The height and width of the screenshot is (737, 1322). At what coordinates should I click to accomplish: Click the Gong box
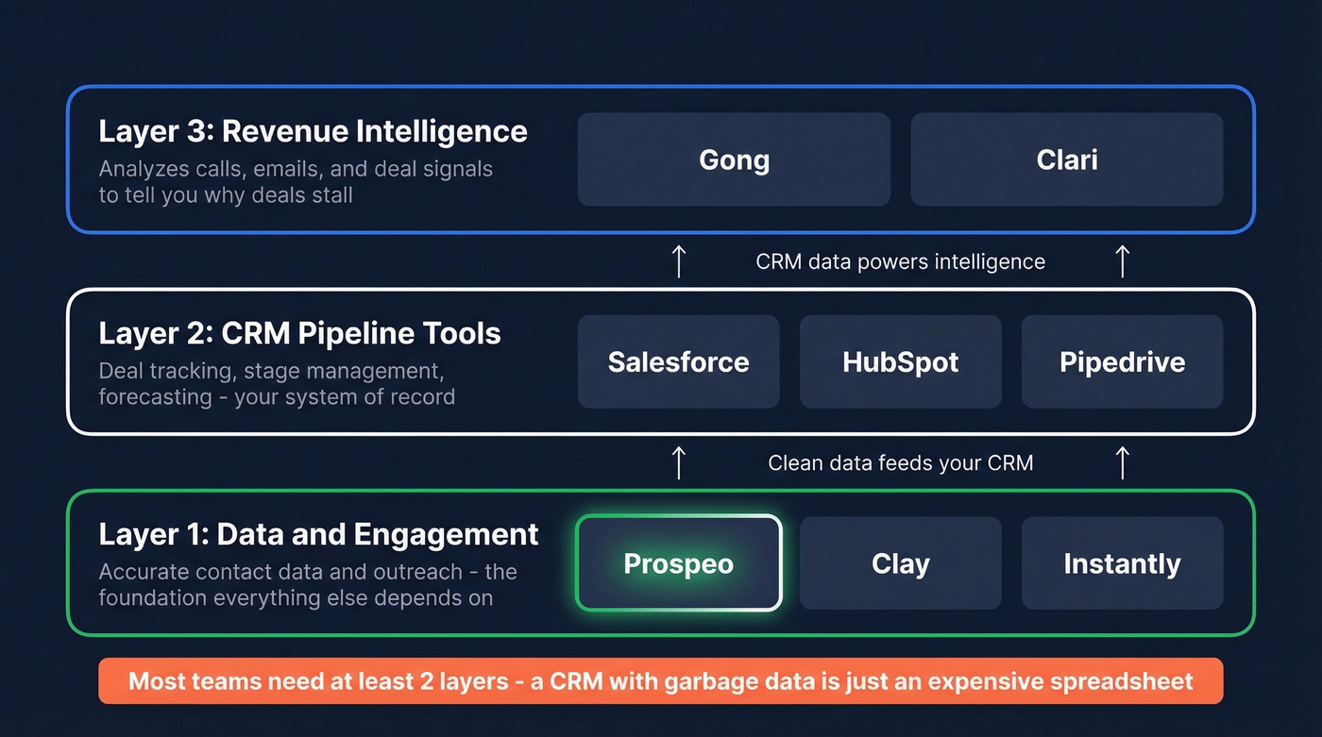point(734,159)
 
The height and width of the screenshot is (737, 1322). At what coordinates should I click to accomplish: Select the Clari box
point(1066,159)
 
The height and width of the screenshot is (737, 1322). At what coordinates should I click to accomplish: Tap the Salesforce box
point(678,361)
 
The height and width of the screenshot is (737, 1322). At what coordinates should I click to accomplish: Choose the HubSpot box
point(900,361)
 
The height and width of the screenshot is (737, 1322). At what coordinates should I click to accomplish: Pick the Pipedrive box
point(1122,361)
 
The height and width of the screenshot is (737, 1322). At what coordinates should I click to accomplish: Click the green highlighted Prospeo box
point(678,563)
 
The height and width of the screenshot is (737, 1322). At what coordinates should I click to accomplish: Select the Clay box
point(900,563)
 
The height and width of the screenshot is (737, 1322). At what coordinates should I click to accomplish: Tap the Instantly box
point(1122,563)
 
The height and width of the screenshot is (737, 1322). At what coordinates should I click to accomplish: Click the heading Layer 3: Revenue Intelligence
point(313,131)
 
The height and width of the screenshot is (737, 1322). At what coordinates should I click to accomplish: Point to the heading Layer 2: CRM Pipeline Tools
point(299,333)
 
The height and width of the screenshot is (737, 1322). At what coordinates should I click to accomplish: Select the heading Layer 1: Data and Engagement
point(318,534)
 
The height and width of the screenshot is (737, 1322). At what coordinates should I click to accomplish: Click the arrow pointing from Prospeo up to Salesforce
point(678,462)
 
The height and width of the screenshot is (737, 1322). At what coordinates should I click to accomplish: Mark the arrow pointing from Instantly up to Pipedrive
point(1122,462)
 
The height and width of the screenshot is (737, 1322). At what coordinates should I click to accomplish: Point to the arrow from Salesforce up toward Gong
point(678,261)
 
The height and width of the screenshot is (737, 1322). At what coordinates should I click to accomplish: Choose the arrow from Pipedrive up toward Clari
point(1122,261)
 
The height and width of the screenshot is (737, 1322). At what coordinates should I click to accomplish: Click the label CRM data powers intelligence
point(900,261)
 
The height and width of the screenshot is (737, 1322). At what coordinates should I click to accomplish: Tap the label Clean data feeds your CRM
point(900,463)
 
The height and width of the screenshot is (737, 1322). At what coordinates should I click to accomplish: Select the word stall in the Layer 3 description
point(333,195)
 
